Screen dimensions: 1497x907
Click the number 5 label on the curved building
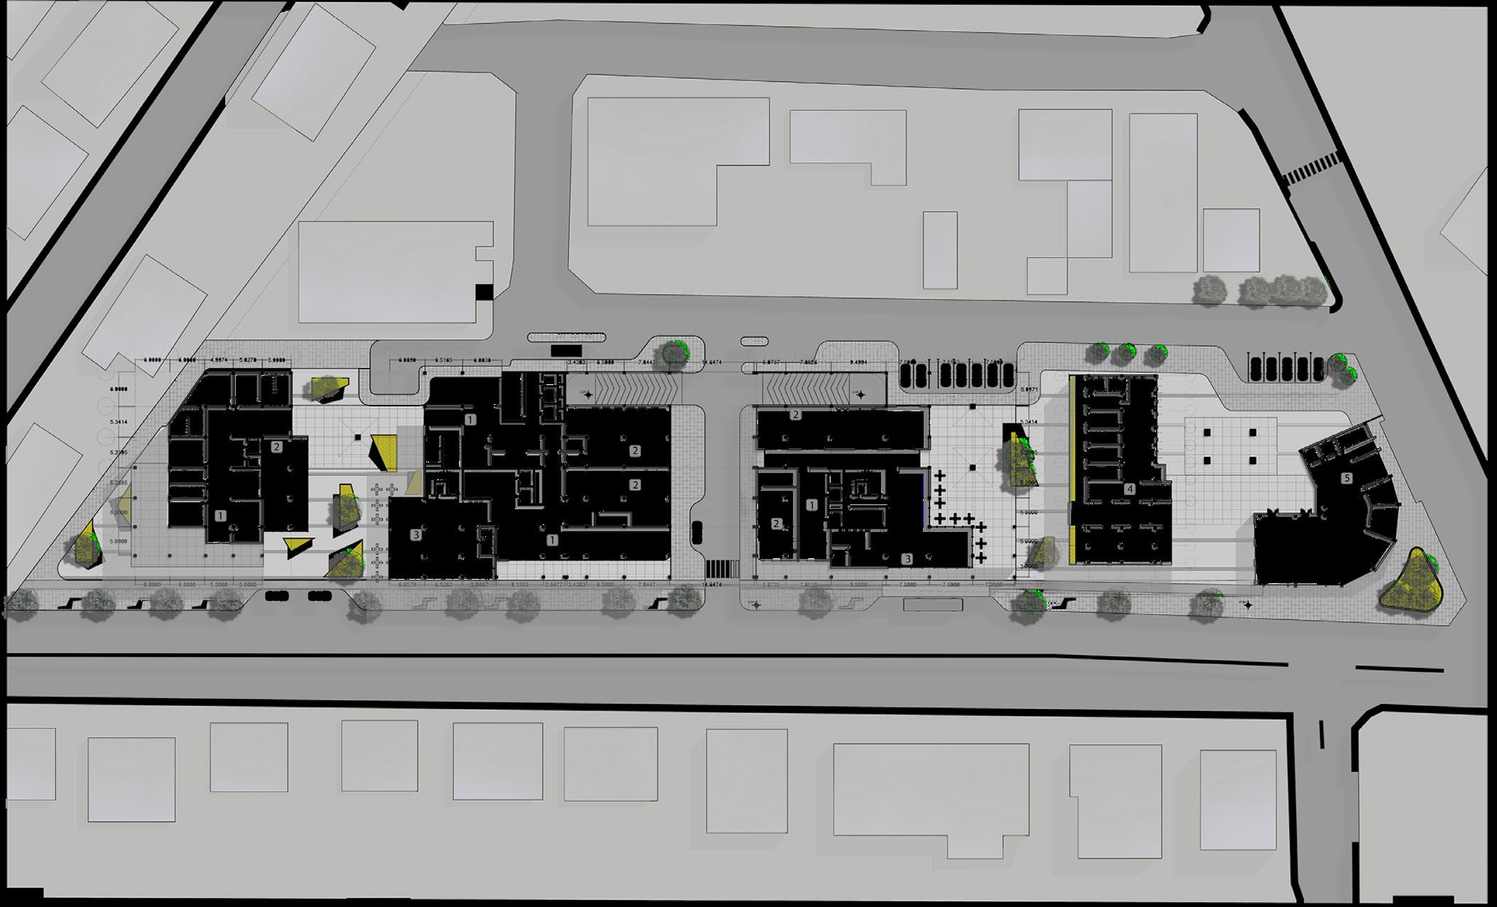pos(1346,479)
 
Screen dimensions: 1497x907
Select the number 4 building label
pos(1130,489)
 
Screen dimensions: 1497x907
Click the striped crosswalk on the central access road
pos(722,568)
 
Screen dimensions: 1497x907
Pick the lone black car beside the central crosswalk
pos(697,531)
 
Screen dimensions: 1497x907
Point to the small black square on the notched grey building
pos(483,291)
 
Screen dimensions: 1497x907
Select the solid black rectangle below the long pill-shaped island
pos(566,351)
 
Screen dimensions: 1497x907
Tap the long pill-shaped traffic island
pos(566,337)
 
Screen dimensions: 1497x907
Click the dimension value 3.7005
pos(1027,566)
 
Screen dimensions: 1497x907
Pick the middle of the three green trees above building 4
pos(1126,352)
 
